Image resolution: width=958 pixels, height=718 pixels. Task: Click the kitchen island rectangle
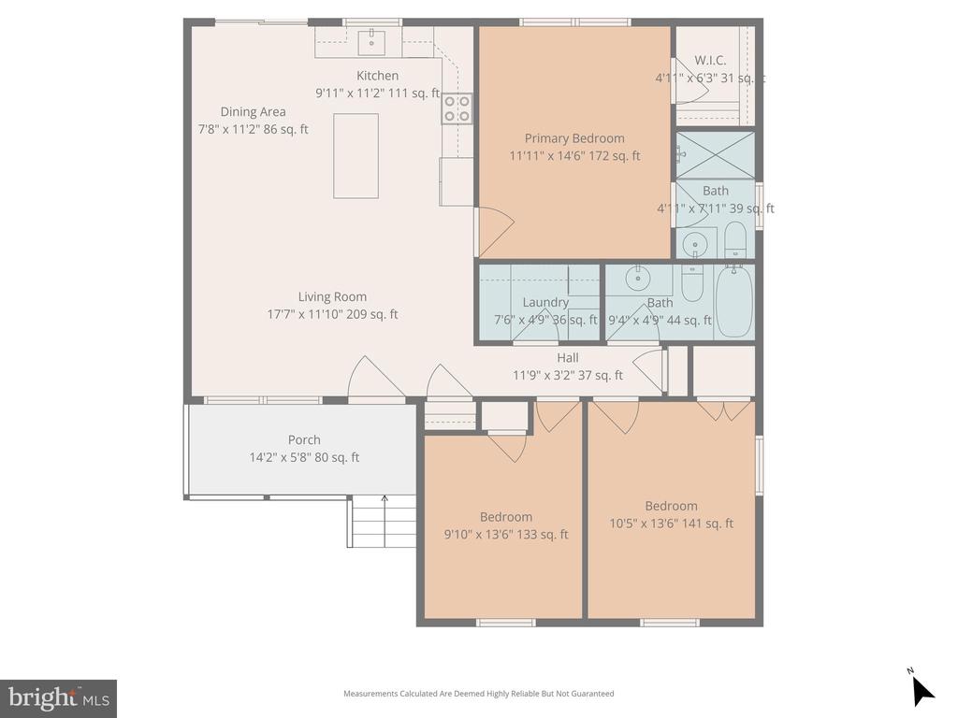(x=356, y=156)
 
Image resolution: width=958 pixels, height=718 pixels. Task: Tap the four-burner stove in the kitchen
(x=457, y=108)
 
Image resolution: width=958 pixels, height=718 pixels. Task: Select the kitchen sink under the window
(x=372, y=39)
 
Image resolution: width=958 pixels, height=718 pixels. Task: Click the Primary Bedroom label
(x=573, y=138)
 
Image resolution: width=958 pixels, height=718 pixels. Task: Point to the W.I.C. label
(x=710, y=60)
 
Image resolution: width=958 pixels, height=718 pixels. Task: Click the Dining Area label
(x=253, y=111)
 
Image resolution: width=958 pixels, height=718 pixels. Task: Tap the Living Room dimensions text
(x=332, y=315)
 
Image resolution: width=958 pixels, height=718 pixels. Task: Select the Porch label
(x=304, y=439)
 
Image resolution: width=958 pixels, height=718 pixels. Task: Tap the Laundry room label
(x=545, y=302)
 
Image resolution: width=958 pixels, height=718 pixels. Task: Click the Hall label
(x=567, y=357)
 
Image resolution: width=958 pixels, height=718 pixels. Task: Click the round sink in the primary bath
(x=694, y=245)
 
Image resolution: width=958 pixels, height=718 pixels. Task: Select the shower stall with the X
(x=714, y=152)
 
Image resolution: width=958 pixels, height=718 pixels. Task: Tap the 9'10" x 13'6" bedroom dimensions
(x=506, y=535)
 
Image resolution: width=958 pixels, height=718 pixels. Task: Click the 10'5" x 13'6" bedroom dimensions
(x=671, y=524)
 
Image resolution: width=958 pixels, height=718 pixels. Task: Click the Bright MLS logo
(x=58, y=697)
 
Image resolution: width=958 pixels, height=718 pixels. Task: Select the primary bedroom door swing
(x=496, y=230)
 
